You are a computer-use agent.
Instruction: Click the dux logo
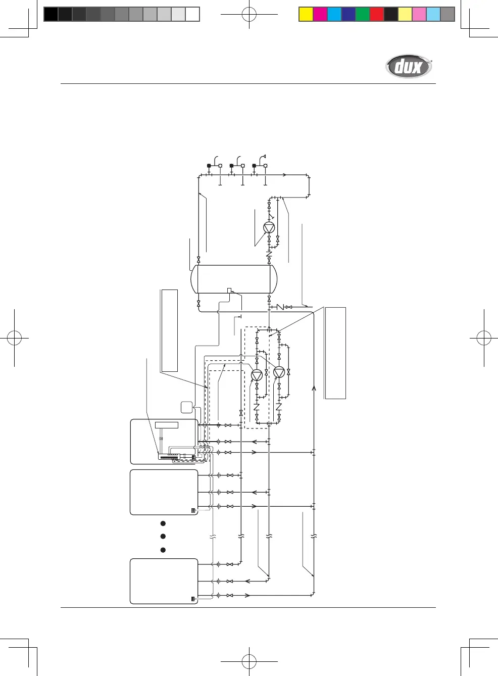pos(409,67)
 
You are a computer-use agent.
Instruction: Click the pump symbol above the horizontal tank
pos(269,227)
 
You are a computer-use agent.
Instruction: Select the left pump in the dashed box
pos(257,375)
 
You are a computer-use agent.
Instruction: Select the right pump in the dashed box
pos(279,372)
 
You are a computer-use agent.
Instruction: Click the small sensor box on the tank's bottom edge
pos(229,290)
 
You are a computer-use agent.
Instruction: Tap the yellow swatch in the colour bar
pos(306,14)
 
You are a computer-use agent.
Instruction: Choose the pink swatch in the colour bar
pos(419,14)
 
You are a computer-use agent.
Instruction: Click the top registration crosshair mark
pos(249,15)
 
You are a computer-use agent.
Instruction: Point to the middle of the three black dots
pos(163,536)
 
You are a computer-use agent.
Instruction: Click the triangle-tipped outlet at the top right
pos(264,157)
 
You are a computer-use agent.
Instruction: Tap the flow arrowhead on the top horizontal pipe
pos(285,175)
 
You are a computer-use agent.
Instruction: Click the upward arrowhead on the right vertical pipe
pos(314,388)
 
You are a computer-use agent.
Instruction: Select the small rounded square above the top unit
pos(187,407)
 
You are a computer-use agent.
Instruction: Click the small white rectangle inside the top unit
pos(167,425)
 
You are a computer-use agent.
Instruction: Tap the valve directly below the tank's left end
pos(198,304)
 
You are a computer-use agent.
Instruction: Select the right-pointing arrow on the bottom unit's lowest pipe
pos(247,595)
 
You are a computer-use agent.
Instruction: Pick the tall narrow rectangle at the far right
pos(335,353)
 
